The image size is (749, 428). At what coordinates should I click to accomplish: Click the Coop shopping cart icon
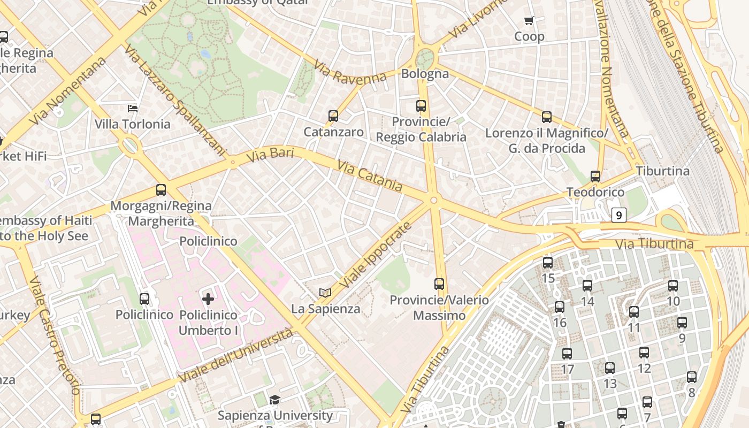529,21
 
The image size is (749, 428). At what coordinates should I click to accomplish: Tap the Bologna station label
425,74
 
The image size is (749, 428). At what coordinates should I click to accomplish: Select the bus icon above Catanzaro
333,116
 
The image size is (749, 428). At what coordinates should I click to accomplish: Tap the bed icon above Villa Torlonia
133,109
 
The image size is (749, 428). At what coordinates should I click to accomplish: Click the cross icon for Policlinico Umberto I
208,299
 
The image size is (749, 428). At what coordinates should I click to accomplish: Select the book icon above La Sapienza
325,293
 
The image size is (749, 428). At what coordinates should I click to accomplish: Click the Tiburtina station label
662,171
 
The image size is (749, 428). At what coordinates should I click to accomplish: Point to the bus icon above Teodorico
595,177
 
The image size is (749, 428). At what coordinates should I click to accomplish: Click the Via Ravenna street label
350,72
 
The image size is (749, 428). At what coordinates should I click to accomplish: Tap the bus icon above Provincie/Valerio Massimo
439,284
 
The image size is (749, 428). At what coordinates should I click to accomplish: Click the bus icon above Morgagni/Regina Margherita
160,190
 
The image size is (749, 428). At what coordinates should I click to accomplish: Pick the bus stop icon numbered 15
548,263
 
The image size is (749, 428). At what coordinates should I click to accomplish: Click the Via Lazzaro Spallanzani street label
174,101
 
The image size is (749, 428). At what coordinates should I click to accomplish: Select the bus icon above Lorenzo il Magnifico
546,117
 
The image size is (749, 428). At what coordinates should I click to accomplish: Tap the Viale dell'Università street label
236,355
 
